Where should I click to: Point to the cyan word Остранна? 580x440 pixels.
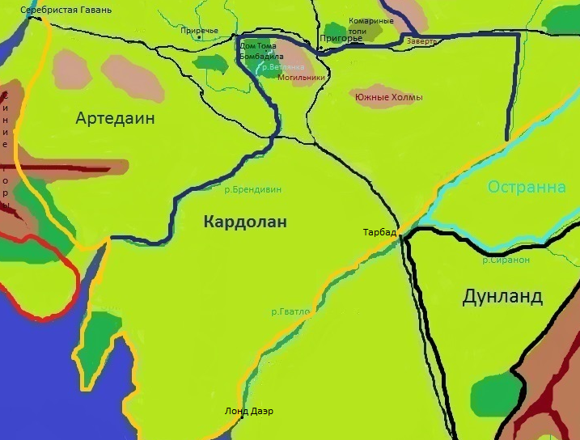pyautogui.click(x=526, y=188)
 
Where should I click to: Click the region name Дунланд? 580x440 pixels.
pyautogui.click(x=502, y=296)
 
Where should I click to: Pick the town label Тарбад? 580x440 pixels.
pyautogui.click(x=379, y=233)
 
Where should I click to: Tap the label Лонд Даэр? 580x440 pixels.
pyautogui.click(x=248, y=411)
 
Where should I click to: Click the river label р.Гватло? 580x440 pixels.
pyautogui.click(x=289, y=311)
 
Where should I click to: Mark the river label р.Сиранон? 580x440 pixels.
pyautogui.click(x=506, y=260)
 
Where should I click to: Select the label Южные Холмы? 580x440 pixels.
pyautogui.click(x=388, y=98)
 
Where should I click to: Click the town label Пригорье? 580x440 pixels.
pyautogui.click(x=341, y=38)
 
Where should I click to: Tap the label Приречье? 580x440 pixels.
pyautogui.click(x=199, y=31)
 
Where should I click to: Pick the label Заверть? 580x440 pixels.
pyautogui.click(x=421, y=40)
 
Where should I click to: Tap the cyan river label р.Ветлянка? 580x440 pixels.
pyautogui.click(x=283, y=67)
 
